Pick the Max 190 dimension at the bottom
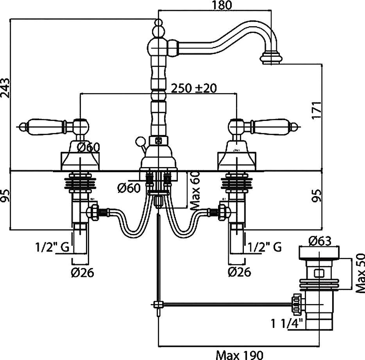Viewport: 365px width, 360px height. pos(240,355)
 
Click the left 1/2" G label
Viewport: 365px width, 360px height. pos(52,247)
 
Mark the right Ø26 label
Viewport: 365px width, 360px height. pos(238,272)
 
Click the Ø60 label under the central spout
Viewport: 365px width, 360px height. pos(129,189)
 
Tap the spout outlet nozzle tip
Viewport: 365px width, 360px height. pos(271,59)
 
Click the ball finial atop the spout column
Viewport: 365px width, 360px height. pos(158,23)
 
